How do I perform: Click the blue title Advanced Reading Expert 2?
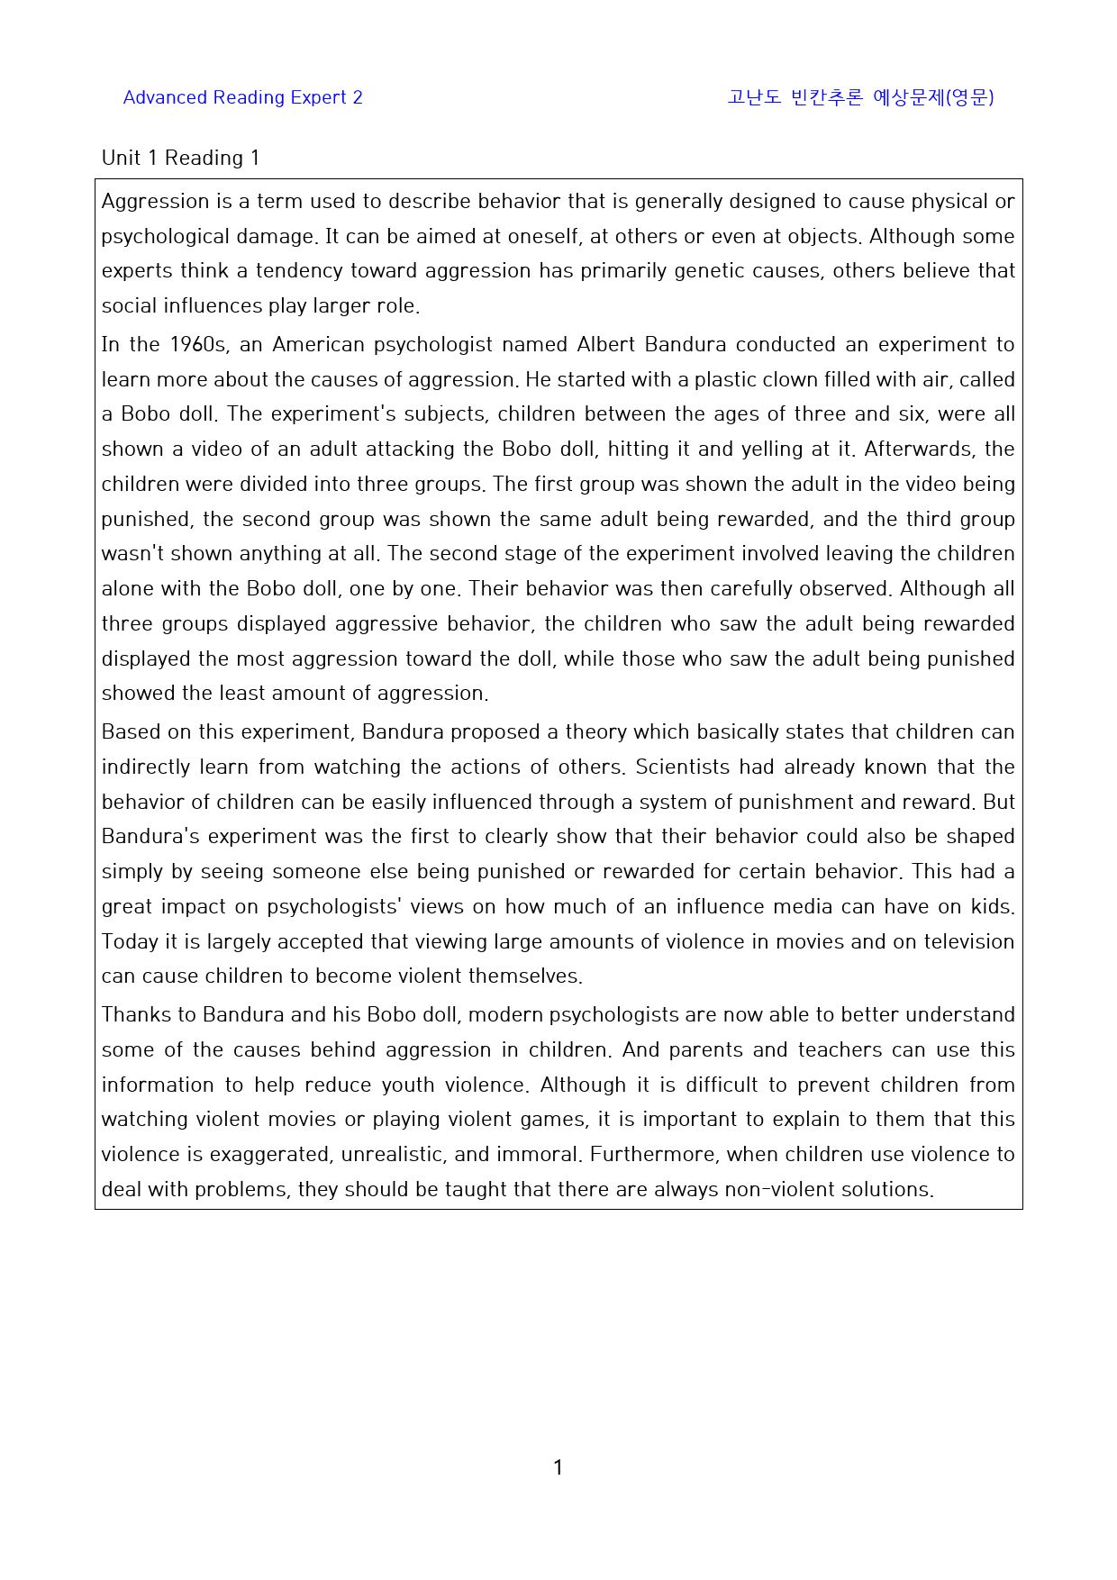(242, 97)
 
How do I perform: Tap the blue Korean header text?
(860, 97)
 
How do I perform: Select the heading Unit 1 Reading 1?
(181, 159)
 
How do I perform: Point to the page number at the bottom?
(558, 1467)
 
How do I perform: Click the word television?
(968, 942)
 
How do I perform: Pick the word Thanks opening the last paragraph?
(136, 1015)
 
